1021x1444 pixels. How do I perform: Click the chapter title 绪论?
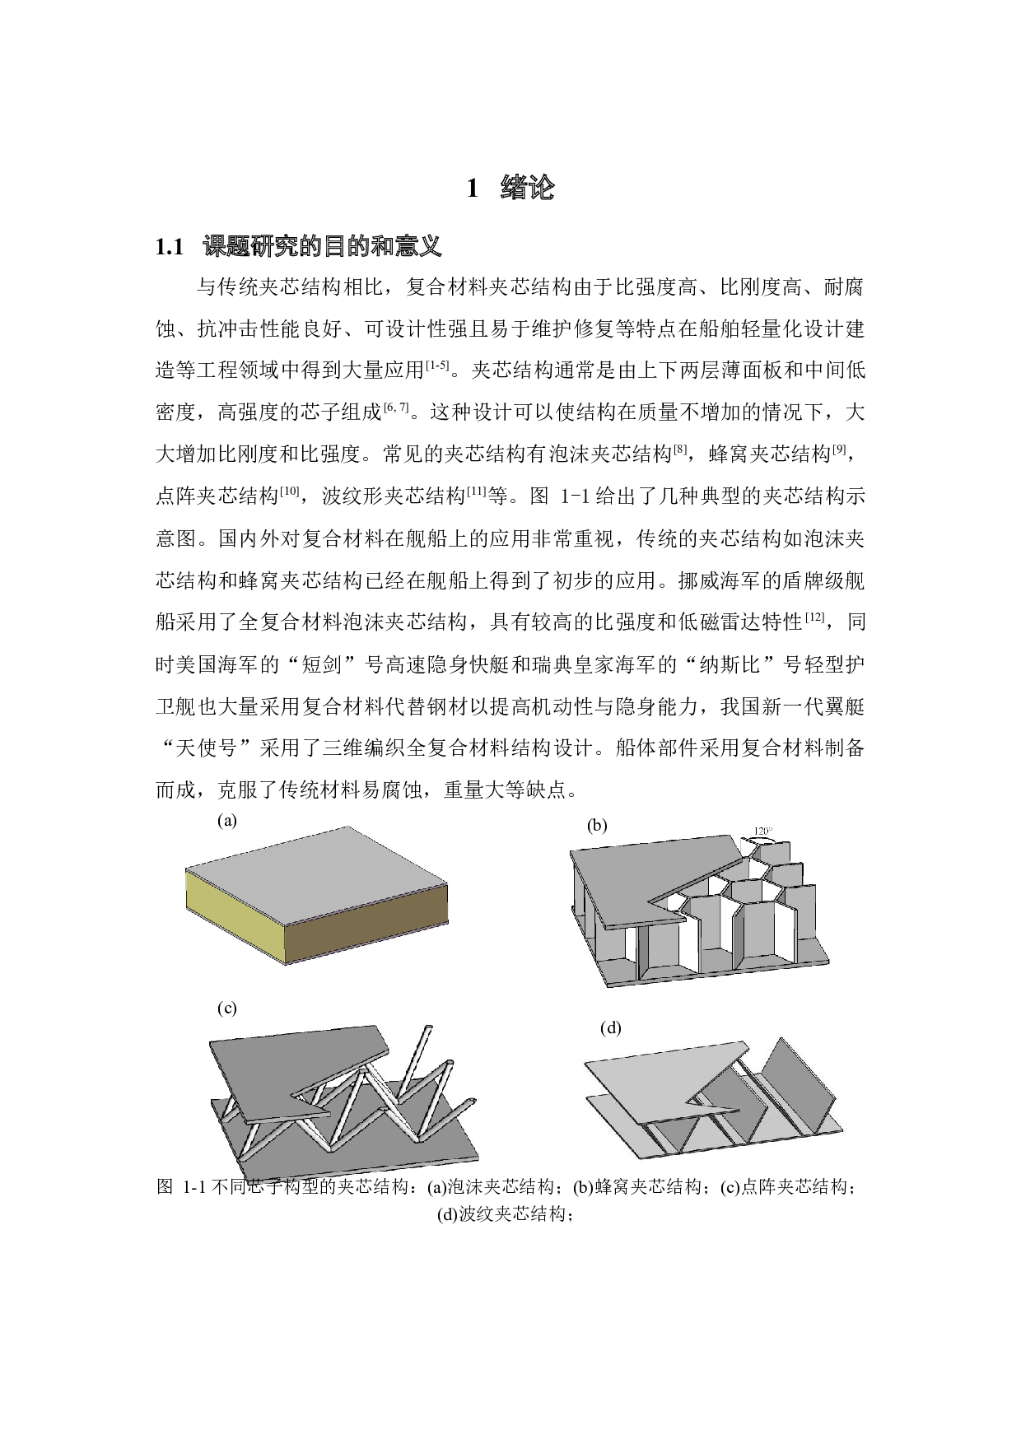[x=527, y=189]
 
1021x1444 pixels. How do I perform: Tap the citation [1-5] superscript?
[x=436, y=365]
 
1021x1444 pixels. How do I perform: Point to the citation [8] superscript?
[x=680, y=449]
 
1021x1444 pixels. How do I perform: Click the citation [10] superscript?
[x=289, y=491]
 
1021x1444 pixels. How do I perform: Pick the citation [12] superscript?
[x=814, y=617]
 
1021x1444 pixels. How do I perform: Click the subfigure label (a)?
[x=227, y=821]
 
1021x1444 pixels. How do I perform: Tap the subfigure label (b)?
[x=597, y=826]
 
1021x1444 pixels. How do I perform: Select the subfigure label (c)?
[x=227, y=1008]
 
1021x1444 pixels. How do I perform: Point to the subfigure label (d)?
[x=610, y=1027]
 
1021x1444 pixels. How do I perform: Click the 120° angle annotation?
[x=763, y=831]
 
